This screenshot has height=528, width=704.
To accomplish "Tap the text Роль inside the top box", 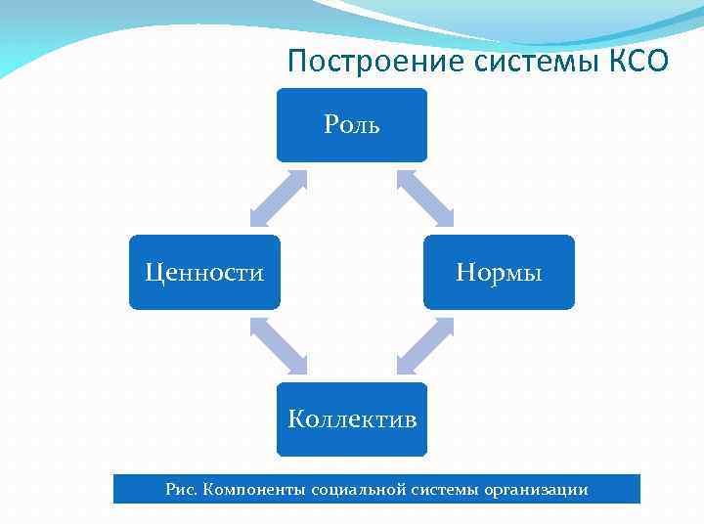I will (x=352, y=126).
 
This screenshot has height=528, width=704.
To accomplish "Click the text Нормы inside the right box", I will (x=499, y=273).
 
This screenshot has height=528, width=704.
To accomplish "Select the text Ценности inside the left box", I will (x=204, y=273).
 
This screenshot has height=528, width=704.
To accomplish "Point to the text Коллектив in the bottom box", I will (x=352, y=420).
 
